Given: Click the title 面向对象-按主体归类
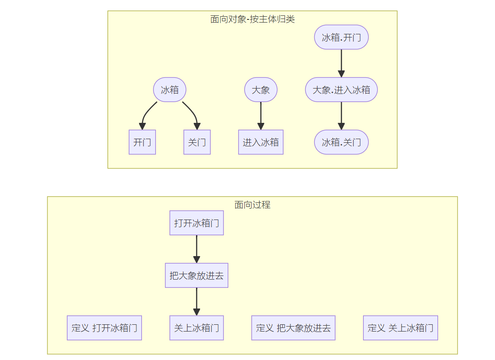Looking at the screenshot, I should [x=252, y=19].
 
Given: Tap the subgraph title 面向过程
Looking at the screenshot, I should [x=252, y=205].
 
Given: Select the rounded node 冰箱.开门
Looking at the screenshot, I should [x=341, y=37].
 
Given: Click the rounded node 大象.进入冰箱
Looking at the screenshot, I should [x=341, y=90].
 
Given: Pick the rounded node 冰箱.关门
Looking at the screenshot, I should [x=341, y=142].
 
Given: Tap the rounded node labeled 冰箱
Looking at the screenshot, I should [x=170, y=90].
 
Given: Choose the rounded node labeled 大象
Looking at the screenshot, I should [x=261, y=90].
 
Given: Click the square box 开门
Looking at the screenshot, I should [x=142, y=142].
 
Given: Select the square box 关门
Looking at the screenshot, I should [x=197, y=142].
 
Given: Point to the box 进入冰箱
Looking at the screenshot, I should [x=261, y=142].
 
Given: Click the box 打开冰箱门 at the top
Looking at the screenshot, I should [x=196, y=223].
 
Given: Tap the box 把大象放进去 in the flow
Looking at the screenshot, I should [x=196, y=276].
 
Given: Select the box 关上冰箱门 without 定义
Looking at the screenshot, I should [x=196, y=328].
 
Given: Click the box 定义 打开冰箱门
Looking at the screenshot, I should [x=104, y=328].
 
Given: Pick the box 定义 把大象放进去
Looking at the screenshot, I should [x=293, y=328].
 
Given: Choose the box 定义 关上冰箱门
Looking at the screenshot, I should [x=401, y=328].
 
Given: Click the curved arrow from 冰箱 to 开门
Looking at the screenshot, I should [x=145, y=114].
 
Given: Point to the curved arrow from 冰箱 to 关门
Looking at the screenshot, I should [x=194, y=113].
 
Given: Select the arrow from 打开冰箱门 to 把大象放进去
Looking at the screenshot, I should [x=196, y=249].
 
